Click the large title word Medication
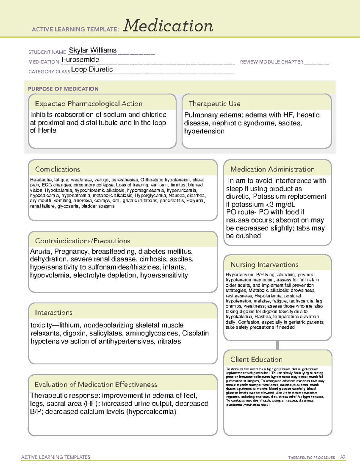(x=168, y=26)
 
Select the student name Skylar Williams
(x=93, y=50)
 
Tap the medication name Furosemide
(x=80, y=60)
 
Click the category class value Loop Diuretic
(x=92, y=69)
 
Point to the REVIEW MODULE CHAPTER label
(x=271, y=62)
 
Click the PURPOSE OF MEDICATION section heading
(x=63, y=89)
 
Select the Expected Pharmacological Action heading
(x=88, y=104)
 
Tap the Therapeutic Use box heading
(x=214, y=104)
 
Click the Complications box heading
(x=58, y=169)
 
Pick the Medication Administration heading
(x=272, y=169)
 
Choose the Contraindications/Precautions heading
(x=82, y=241)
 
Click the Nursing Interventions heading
(x=264, y=265)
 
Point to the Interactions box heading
(x=54, y=313)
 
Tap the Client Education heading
(x=256, y=359)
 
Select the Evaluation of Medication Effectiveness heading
(x=96, y=384)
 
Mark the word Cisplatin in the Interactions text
(x=195, y=333)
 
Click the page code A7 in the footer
(x=343, y=457)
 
